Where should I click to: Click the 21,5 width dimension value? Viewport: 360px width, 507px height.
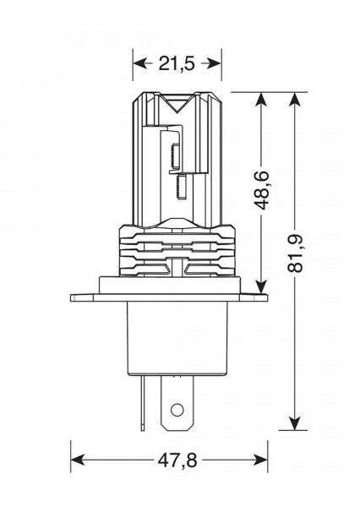(177, 63)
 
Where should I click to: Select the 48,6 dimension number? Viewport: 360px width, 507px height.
(261, 190)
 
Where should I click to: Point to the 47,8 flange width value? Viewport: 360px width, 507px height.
(177, 460)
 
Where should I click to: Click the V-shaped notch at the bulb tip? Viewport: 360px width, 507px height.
(177, 103)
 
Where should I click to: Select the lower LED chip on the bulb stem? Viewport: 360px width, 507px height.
(182, 187)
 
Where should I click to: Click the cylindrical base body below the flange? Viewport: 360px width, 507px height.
(177, 338)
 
